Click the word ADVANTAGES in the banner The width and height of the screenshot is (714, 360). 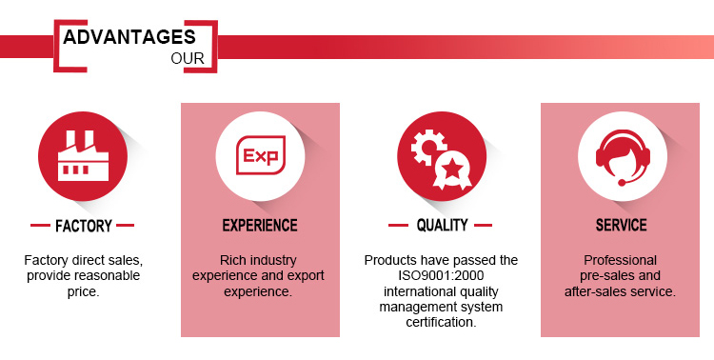[x=129, y=37]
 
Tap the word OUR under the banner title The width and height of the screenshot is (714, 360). [x=188, y=59]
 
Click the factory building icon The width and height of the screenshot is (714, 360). [x=84, y=156]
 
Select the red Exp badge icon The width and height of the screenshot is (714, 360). [x=261, y=155]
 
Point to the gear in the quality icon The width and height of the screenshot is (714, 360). [x=427, y=147]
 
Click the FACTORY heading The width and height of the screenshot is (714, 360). [x=84, y=226]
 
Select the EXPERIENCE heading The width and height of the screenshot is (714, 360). [x=260, y=225]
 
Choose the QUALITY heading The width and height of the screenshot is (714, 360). [x=442, y=225]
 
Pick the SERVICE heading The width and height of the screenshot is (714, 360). [x=621, y=225]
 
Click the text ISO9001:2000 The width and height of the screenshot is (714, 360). [x=441, y=275]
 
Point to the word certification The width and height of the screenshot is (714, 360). [x=441, y=322]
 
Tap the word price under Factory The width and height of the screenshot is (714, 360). [x=84, y=292]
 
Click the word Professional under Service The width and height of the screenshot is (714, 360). [x=620, y=260]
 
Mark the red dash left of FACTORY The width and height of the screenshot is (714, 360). [x=40, y=225]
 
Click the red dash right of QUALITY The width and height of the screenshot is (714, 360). [x=483, y=225]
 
